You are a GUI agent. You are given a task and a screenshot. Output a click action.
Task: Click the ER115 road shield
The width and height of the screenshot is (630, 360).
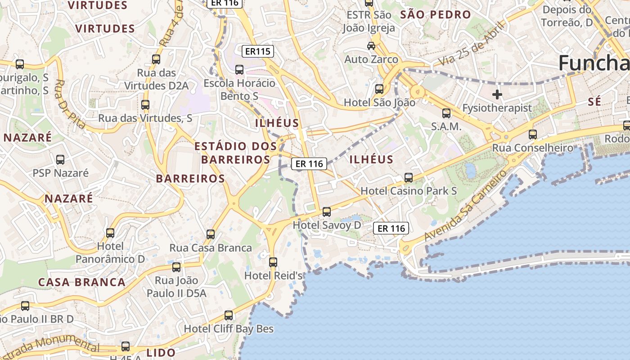258,51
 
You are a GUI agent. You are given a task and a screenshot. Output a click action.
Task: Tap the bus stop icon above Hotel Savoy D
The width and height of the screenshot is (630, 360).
327,211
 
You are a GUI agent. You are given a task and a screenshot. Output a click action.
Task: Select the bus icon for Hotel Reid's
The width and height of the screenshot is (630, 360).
273,262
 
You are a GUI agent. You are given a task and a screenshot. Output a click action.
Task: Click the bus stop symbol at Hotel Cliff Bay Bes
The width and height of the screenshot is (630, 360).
229,315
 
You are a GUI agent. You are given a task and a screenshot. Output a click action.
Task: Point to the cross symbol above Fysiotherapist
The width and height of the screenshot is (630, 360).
497,94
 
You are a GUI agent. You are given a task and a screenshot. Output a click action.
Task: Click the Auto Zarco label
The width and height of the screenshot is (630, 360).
371,59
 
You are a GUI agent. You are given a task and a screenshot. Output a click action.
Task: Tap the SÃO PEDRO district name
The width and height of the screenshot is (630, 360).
435,14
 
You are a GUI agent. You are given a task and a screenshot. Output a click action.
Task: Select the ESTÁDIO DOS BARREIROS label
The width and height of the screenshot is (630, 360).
235,153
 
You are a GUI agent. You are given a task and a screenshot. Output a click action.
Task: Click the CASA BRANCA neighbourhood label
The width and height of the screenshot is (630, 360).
81,282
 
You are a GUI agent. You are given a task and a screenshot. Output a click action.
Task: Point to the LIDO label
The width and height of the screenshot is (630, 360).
161,352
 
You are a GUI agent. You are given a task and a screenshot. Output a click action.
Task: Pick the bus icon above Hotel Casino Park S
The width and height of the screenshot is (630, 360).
409,178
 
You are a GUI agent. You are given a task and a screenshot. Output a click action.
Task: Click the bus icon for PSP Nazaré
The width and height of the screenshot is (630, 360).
60,160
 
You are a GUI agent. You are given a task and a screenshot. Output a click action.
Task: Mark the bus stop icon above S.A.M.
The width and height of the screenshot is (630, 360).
446,113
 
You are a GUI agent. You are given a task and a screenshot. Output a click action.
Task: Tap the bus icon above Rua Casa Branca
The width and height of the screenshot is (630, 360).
211,234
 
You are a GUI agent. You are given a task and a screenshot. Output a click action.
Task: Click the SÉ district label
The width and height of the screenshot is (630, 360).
594,102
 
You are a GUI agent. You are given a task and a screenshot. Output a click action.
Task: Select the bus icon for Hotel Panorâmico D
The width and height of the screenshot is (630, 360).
110,233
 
